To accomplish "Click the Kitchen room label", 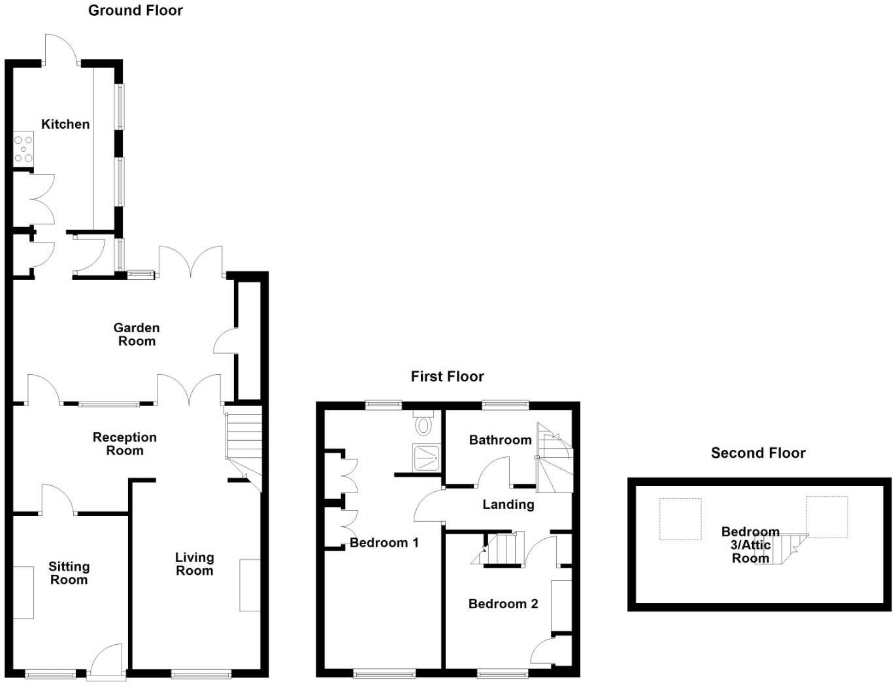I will [x=65, y=124].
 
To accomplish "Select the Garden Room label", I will [x=137, y=334].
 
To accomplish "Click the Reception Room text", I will [x=125, y=444].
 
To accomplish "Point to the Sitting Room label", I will [x=69, y=573].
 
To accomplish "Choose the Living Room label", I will [x=194, y=564].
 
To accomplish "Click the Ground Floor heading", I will [x=135, y=10].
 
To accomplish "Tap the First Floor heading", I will [x=447, y=377].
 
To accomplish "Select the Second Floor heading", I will [x=758, y=453].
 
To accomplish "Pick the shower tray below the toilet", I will [x=426, y=457].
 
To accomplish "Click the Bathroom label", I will [x=500, y=440].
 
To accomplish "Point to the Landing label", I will [x=508, y=504].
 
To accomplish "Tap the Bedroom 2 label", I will [x=503, y=604].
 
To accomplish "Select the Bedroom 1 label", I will [x=384, y=543].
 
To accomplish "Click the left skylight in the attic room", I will [x=680, y=519].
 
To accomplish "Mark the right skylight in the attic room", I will [x=827, y=517].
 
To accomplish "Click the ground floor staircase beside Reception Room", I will [x=244, y=435].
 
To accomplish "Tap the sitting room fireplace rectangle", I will [x=24, y=592].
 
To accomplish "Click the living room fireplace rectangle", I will [x=250, y=585].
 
